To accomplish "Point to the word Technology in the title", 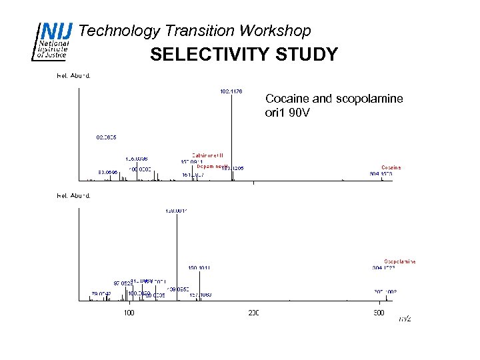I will click(x=119, y=31).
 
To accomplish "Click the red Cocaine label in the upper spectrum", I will click(x=391, y=167).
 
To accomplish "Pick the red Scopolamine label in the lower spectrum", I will click(x=399, y=261).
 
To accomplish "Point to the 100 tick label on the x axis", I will click(x=129, y=313).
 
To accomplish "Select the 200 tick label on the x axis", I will click(x=253, y=313).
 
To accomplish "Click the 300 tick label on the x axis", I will click(x=378, y=313).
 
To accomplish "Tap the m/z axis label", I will click(x=405, y=319).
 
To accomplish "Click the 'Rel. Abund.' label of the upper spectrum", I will click(x=73, y=75).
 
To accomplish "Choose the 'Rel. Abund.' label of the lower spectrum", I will click(x=73, y=195).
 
